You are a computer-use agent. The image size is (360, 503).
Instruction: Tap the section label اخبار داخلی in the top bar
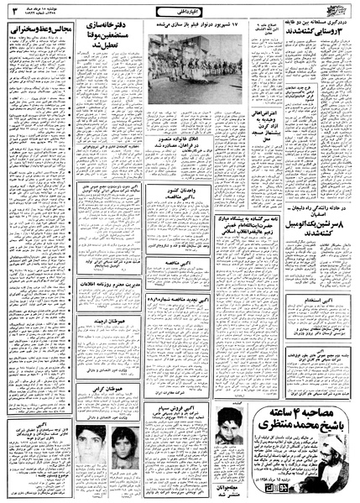pyautogui.click(x=180, y=9)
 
